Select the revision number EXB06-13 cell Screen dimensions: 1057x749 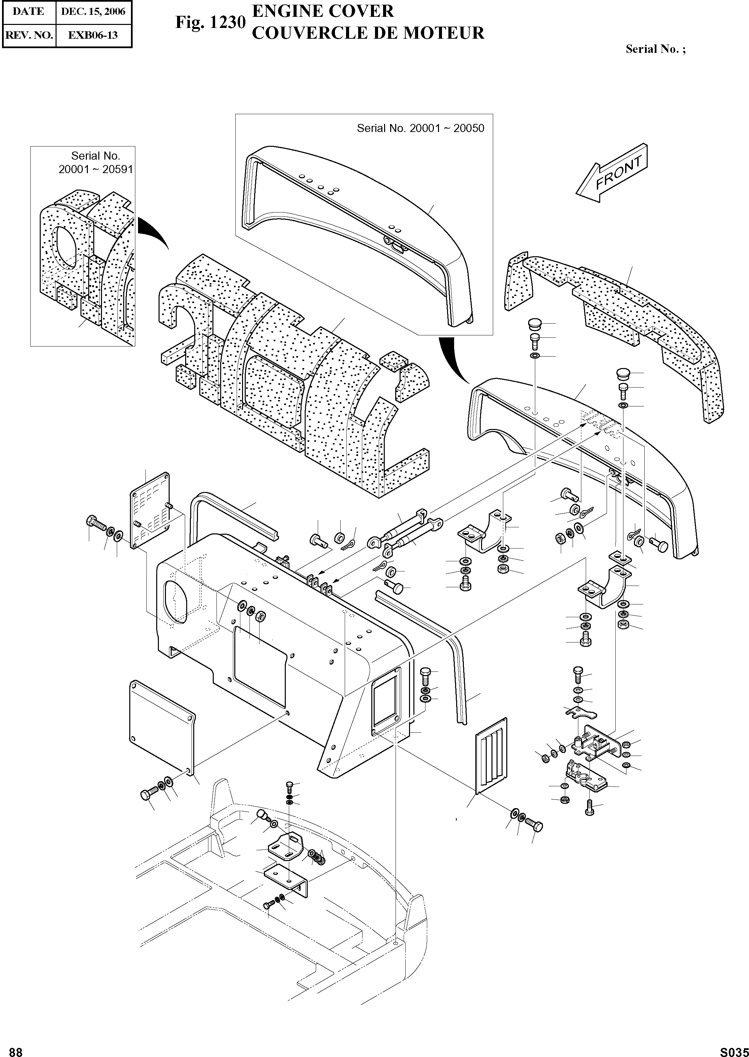point(93,35)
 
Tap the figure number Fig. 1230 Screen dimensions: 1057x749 point(210,22)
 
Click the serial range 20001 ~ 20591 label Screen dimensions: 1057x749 point(96,169)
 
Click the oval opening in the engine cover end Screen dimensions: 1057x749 point(174,601)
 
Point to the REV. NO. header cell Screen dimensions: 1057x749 point(29,35)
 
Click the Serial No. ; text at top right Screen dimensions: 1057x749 point(655,49)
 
